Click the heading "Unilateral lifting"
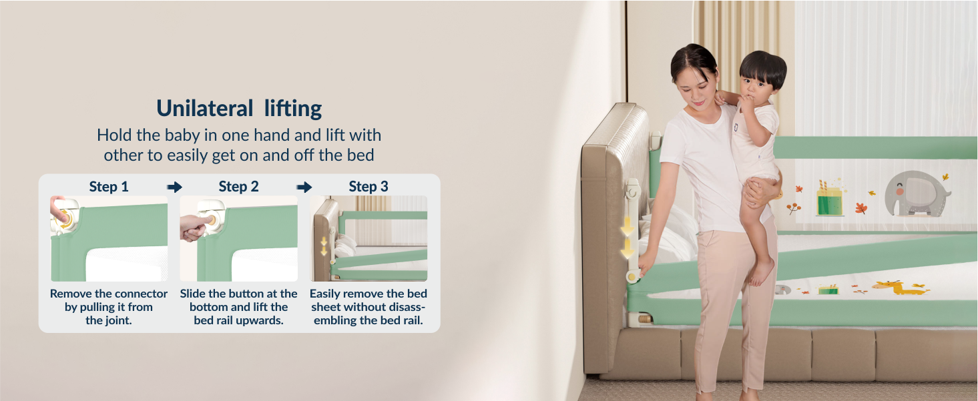(x=239, y=108)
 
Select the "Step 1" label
(x=109, y=187)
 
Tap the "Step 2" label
(x=238, y=187)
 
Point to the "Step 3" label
(x=368, y=187)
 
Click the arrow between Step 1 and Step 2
(x=174, y=187)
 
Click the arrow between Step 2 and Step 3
(x=304, y=187)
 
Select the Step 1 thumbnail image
(x=109, y=238)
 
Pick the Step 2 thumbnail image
(x=238, y=238)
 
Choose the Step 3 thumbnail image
(x=368, y=238)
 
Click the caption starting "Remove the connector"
(x=109, y=307)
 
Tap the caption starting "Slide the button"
(x=238, y=307)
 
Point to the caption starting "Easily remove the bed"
(x=368, y=307)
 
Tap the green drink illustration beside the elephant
(x=830, y=199)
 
